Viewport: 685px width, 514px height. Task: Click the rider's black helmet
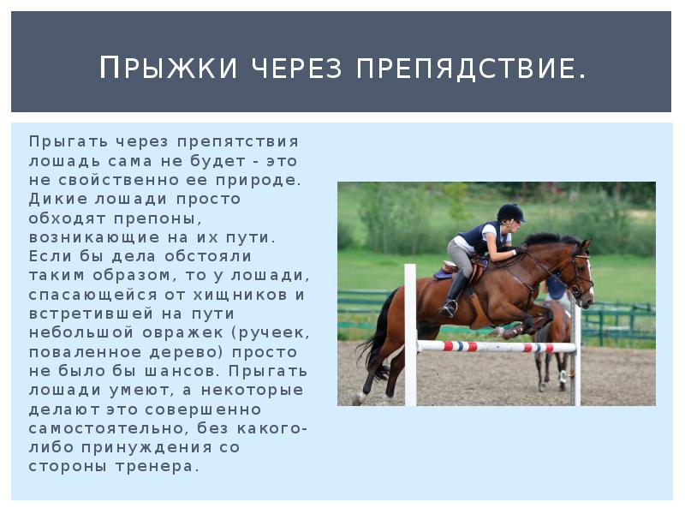point(510,212)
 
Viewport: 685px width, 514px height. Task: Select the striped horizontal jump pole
point(496,347)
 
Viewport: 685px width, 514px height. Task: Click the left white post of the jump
point(410,334)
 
